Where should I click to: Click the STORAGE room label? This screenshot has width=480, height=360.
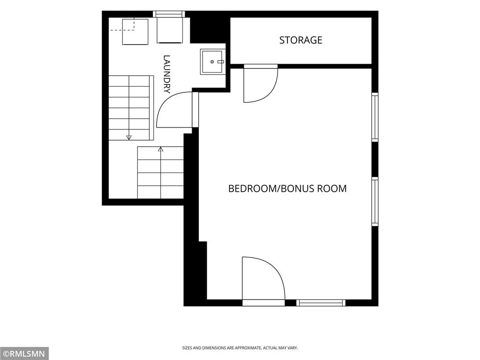(300, 40)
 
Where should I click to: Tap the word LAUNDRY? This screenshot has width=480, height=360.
(166, 74)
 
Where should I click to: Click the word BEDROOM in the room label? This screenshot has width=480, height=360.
(252, 188)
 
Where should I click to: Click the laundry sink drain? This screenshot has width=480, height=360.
(212, 62)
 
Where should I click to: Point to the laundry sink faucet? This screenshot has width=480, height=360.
(221, 62)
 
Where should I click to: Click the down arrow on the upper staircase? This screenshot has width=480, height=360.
(129, 137)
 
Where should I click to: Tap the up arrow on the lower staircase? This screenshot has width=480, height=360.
(160, 150)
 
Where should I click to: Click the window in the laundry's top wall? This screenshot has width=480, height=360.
(169, 14)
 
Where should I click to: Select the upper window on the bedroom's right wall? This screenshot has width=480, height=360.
(375, 117)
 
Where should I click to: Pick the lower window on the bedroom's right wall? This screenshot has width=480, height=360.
(375, 202)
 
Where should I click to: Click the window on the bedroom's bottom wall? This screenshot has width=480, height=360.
(321, 303)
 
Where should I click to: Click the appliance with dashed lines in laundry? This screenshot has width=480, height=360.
(135, 32)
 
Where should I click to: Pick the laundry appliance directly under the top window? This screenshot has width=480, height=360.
(170, 30)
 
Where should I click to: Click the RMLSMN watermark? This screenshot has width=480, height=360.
(24, 354)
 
